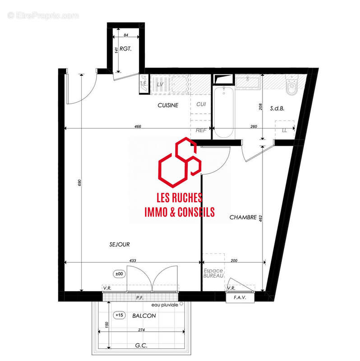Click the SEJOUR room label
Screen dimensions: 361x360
(120, 244)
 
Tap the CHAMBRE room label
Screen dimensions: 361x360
(243, 217)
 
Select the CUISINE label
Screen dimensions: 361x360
(168, 105)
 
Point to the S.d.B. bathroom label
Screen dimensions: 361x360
(277, 108)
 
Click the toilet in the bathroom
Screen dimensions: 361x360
(292, 85)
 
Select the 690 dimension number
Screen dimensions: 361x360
(79, 182)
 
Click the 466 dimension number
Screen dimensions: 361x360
(138, 127)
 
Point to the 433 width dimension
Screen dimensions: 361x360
(133, 260)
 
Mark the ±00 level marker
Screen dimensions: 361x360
(120, 273)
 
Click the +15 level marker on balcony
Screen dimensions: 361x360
(120, 315)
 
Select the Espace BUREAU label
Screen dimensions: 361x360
(213, 273)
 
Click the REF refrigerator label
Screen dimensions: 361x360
(201, 130)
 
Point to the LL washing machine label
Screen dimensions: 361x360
(284, 130)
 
